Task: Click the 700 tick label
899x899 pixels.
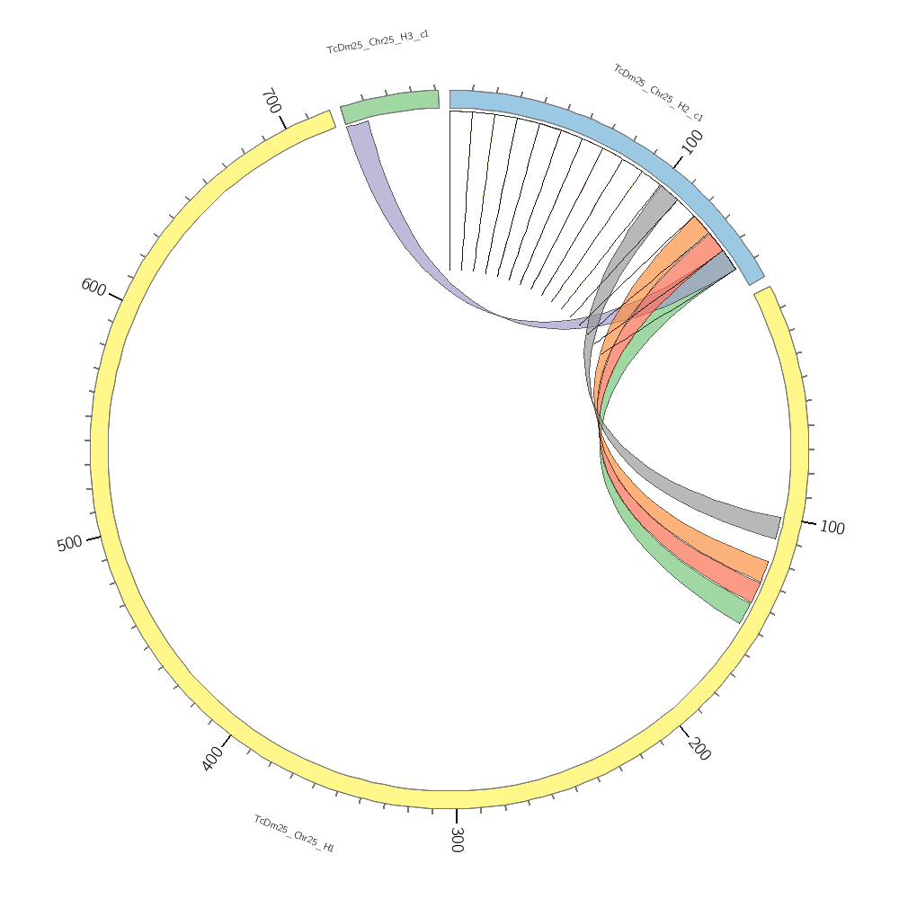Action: point(271,100)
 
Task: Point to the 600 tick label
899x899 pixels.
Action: point(93,287)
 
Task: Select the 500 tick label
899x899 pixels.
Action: point(69,544)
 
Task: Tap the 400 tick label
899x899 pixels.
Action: point(212,760)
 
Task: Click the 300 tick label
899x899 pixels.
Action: point(456,840)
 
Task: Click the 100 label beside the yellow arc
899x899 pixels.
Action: point(832,528)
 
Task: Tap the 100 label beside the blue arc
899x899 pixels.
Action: point(692,141)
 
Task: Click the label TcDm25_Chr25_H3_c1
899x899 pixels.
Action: point(378,41)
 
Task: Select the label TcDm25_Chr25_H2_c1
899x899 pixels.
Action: point(658,93)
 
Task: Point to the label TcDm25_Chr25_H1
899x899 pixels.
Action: point(294,833)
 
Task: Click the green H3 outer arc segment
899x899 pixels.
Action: point(389,103)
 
